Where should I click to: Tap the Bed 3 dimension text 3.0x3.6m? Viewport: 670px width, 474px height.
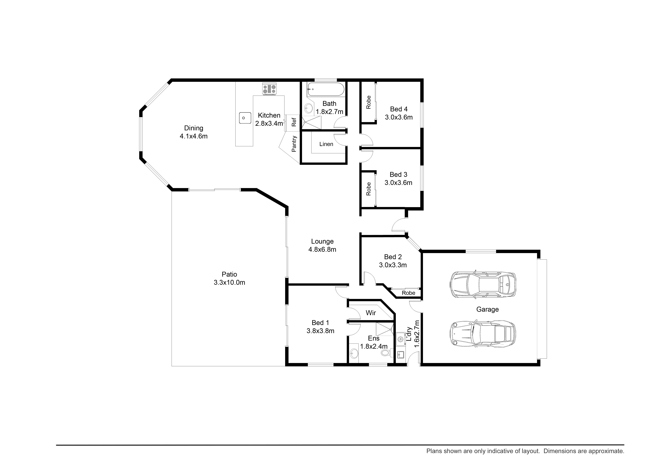398,183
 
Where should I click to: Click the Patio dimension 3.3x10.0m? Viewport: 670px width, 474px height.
229,283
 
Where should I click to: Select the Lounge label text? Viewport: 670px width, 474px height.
322,241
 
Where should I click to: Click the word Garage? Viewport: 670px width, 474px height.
487,309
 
